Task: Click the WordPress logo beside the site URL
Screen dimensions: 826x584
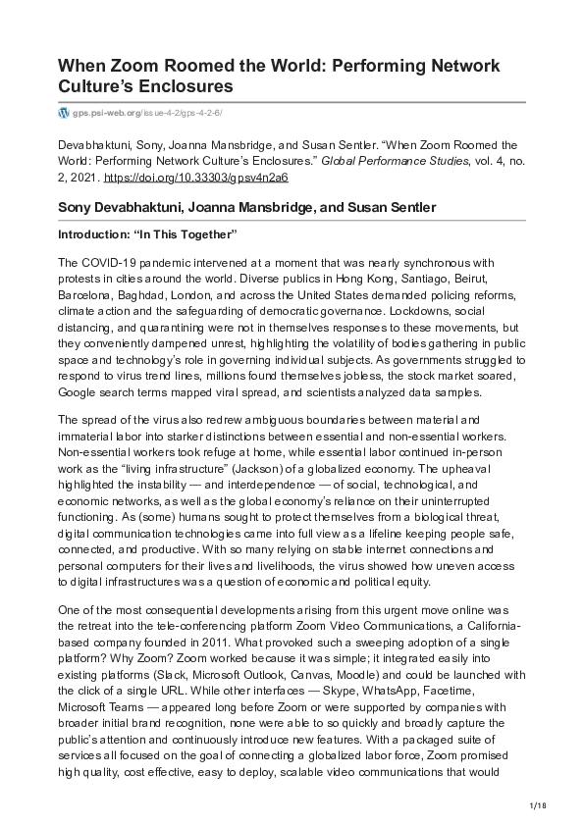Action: tap(65, 114)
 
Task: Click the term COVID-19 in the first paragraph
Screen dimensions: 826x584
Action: tap(106, 264)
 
